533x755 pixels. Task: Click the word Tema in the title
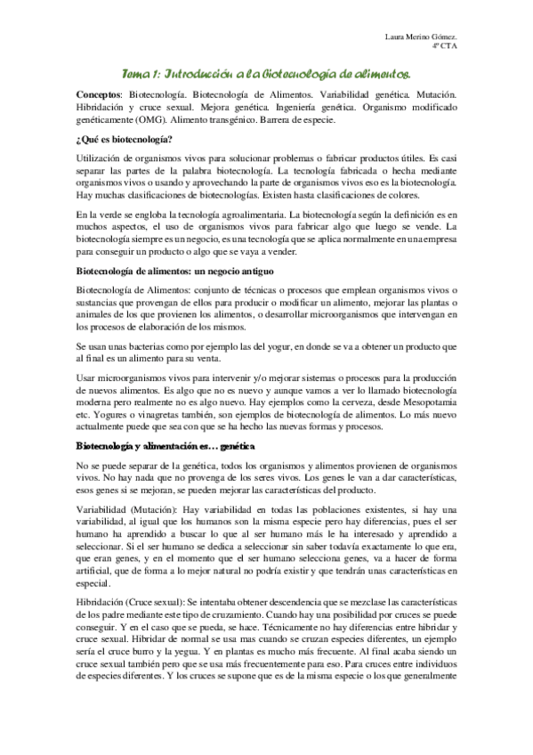[x=136, y=77]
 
